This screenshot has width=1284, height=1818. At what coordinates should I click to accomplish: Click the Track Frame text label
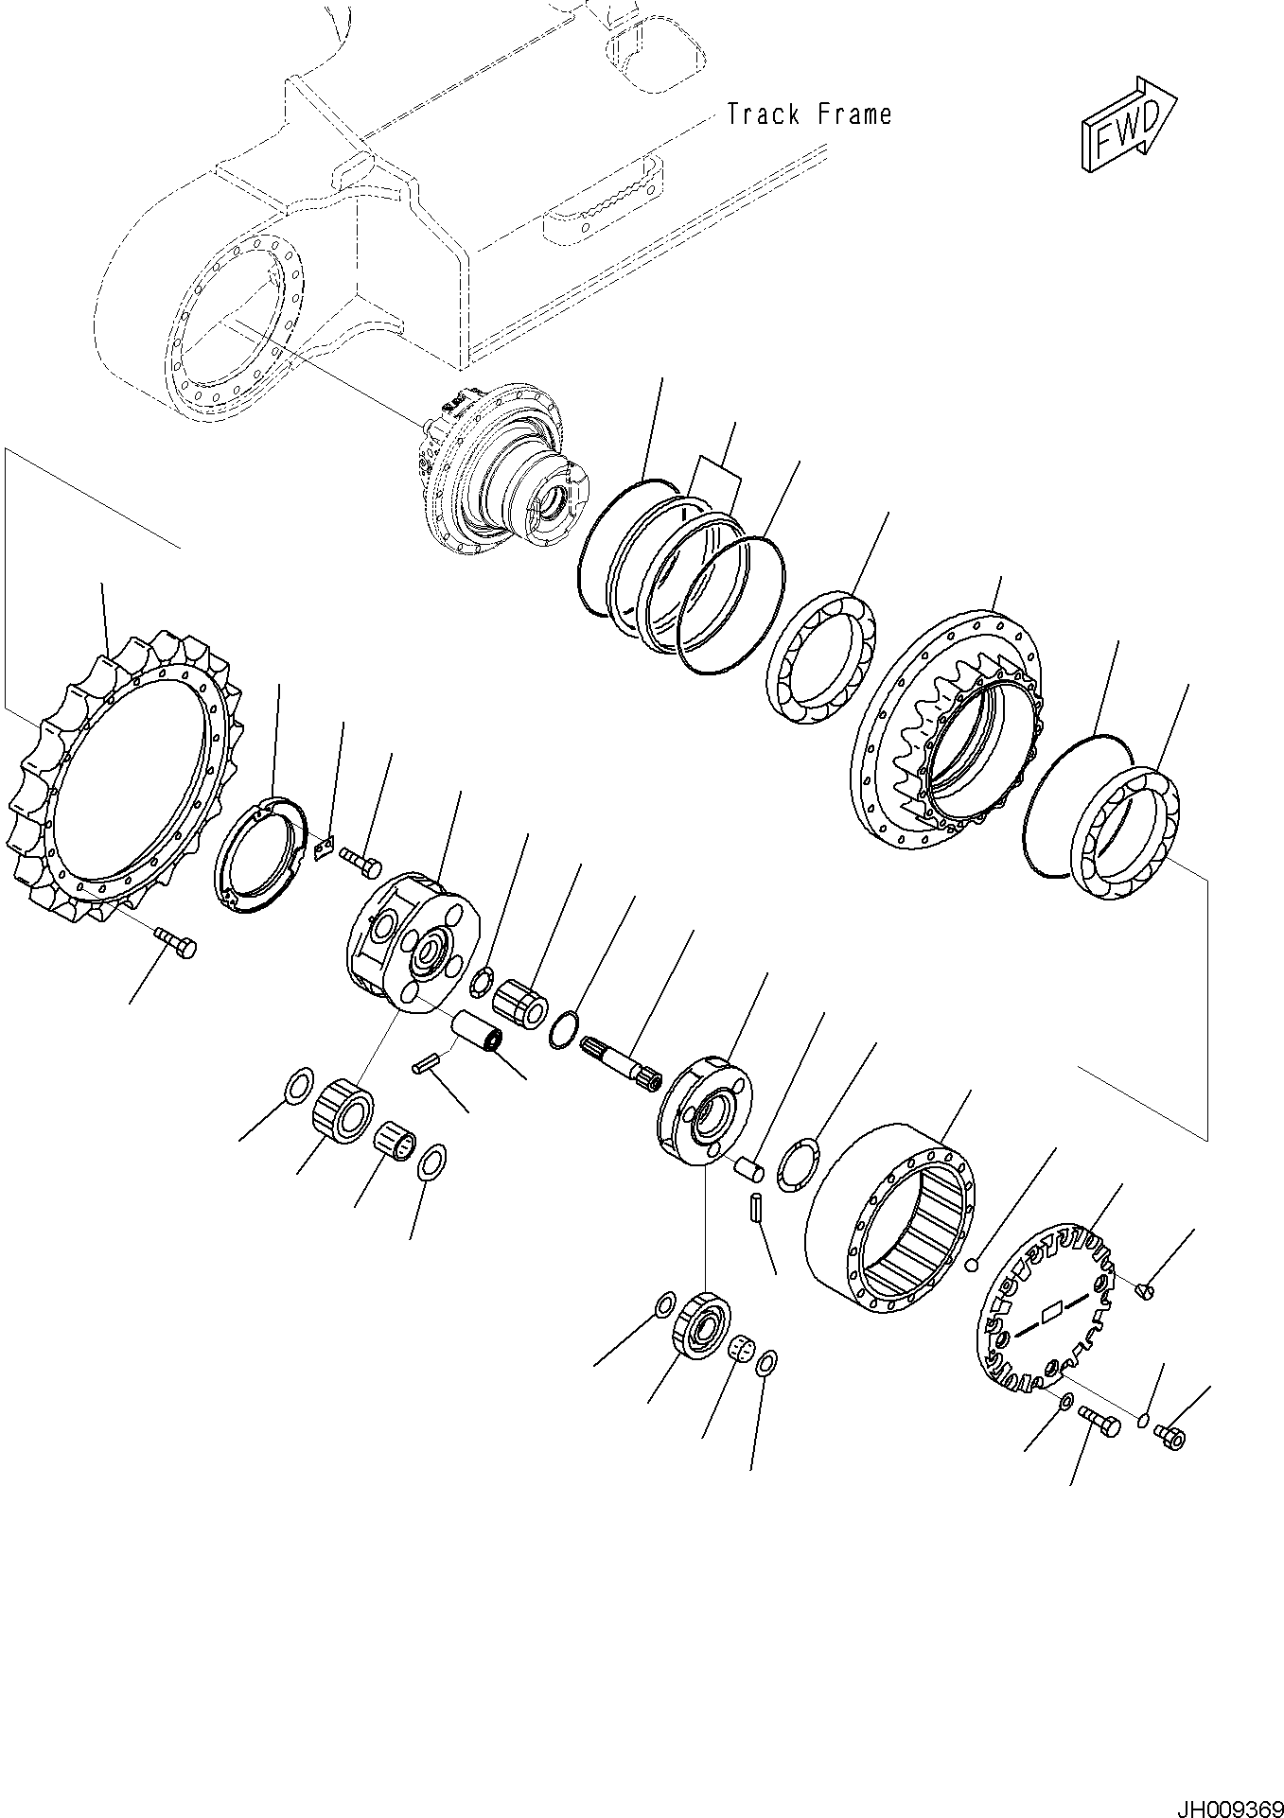[x=809, y=115]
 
